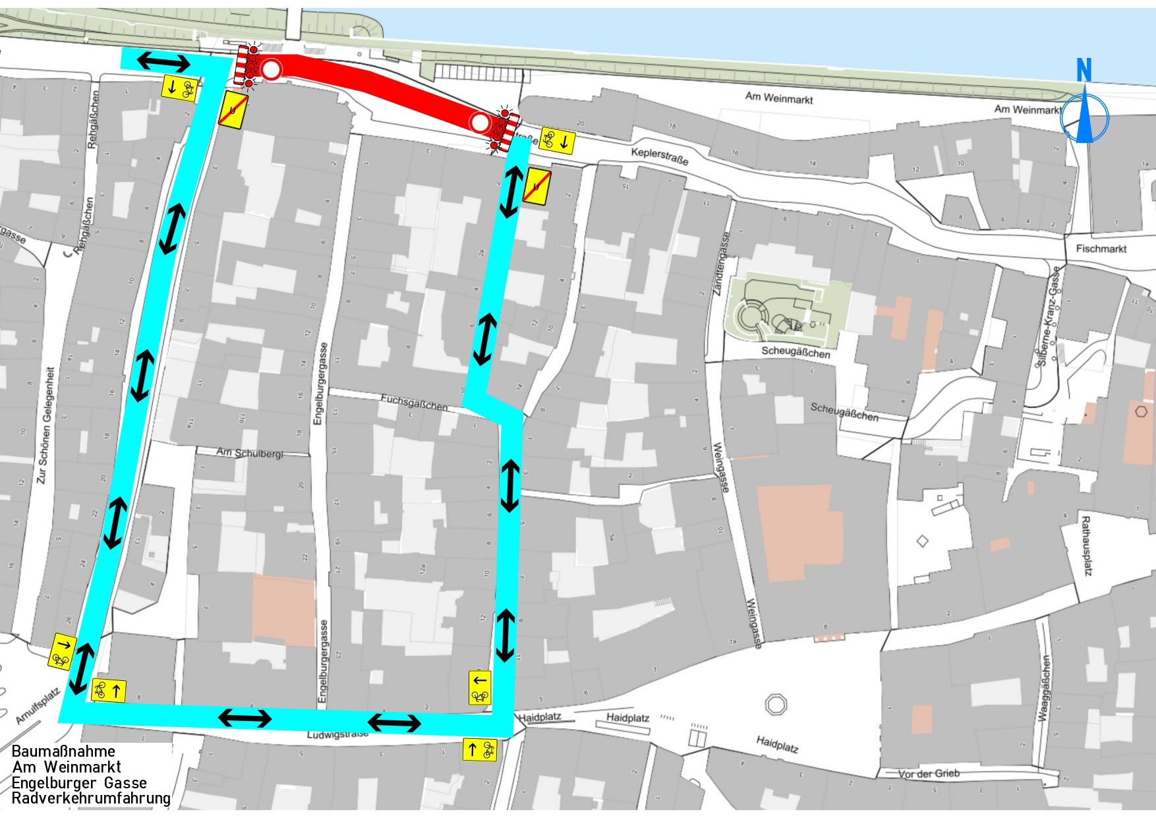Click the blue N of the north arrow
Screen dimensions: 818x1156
(1084, 70)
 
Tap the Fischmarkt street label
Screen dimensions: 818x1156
(1101, 248)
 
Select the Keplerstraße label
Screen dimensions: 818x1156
(660, 156)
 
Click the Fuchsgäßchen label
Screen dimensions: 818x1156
(414, 402)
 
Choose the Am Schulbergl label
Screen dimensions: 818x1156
(250, 453)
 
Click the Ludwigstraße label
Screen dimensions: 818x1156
(337, 734)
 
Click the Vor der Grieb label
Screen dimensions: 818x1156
(929, 773)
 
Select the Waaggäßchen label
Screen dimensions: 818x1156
(1045, 688)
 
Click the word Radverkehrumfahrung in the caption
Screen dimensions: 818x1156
(91, 799)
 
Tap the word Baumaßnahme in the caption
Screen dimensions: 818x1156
(63, 751)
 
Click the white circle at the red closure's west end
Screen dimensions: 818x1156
(271, 69)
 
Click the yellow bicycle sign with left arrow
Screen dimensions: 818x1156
(480, 687)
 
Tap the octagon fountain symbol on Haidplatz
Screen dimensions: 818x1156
(776, 705)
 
